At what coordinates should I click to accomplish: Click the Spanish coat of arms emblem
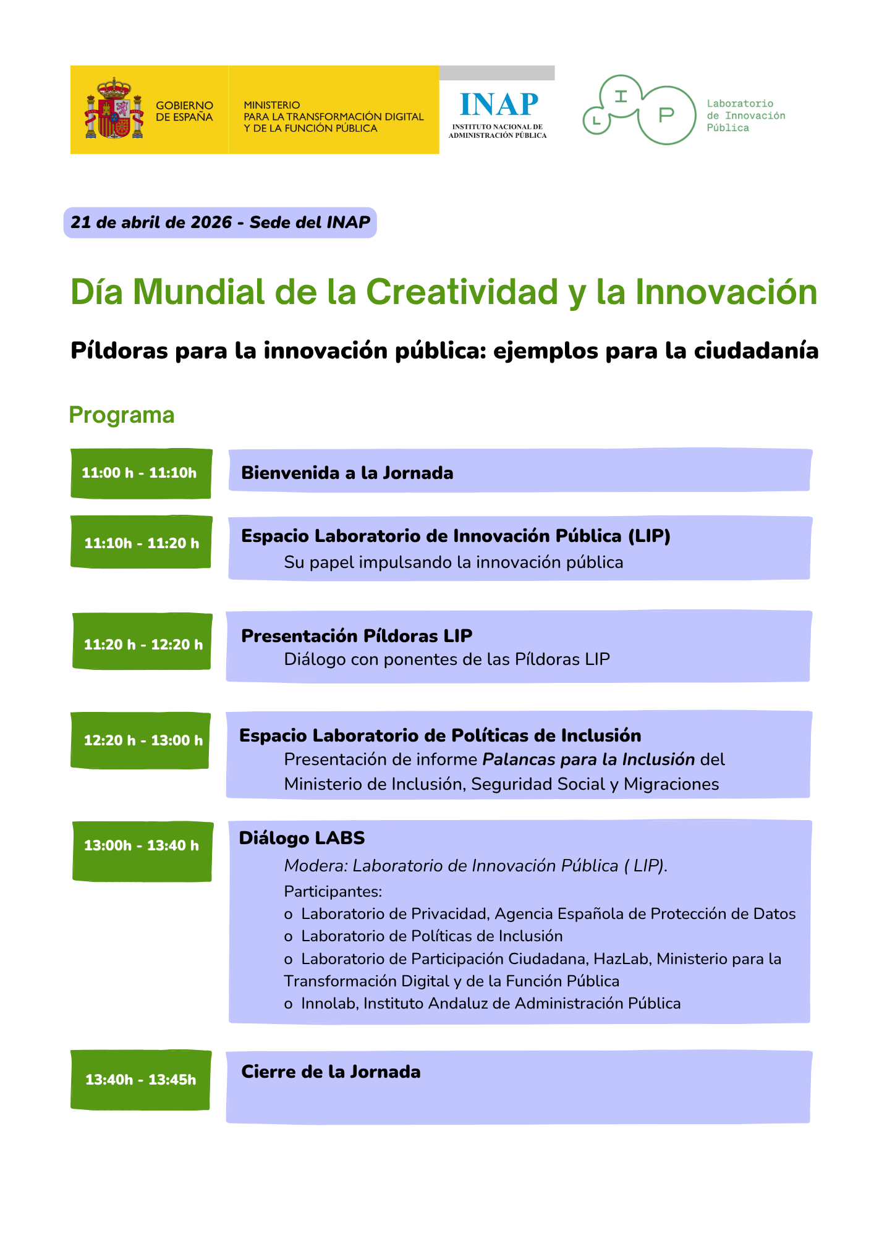114,108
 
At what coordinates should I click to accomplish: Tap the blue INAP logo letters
499,104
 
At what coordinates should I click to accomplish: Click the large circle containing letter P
666,115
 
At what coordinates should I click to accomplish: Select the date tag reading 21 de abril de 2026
220,222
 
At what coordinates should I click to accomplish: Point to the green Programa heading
122,415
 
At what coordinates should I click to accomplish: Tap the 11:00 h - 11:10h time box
142,473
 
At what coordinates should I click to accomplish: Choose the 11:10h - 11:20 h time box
142,542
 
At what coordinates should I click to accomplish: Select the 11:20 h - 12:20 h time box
142,641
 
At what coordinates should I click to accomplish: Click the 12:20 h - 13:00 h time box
140,740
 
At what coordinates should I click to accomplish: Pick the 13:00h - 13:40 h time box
142,851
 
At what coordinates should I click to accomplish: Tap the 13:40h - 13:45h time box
140,1080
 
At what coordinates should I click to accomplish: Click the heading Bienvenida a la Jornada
347,473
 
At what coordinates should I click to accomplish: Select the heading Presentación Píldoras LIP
357,635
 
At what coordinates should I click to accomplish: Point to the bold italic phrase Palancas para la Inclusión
589,759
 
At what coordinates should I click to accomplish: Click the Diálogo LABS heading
302,838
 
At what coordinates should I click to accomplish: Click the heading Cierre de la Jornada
331,1072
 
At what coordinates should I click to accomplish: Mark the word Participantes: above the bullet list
333,892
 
